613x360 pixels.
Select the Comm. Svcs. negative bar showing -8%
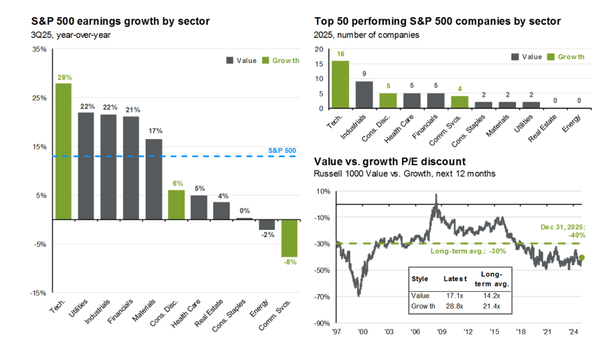(x=290, y=238)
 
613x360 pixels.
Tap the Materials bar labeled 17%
(x=154, y=179)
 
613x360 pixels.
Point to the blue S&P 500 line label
(x=282, y=151)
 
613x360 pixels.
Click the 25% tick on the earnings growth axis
(x=39, y=98)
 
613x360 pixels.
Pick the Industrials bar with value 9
(x=364, y=95)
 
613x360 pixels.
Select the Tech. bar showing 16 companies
(x=340, y=84)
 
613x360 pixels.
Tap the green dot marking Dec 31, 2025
(x=581, y=257)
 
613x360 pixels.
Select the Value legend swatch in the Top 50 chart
(x=516, y=57)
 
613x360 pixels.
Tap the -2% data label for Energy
(x=267, y=235)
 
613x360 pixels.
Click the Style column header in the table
(x=420, y=279)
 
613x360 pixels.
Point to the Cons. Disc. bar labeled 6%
(x=177, y=205)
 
